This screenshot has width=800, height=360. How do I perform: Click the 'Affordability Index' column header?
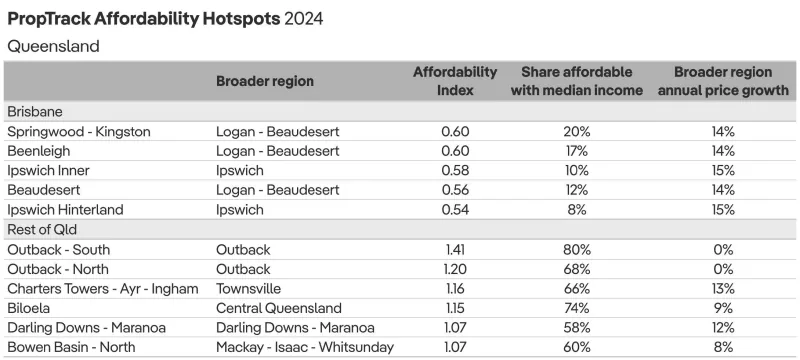click(x=455, y=81)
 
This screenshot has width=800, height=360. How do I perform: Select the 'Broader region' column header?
click(x=265, y=82)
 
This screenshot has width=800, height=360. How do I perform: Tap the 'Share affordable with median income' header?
click(x=577, y=81)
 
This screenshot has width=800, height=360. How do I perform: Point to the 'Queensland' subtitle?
click(x=53, y=46)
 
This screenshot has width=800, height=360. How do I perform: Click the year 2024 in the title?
click(x=304, y=19)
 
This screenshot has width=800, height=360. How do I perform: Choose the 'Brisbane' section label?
click(x=35, y=112)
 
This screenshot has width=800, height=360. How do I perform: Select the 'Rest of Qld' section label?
click(x=42, y=229)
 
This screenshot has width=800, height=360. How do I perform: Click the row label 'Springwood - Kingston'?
click(x=79, y=132)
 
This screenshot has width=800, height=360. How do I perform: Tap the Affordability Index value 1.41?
click(x=455, y=250)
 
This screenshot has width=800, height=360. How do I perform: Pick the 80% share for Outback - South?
click(x=577, y=250)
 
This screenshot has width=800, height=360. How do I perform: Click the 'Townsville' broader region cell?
click(x=248, y=289)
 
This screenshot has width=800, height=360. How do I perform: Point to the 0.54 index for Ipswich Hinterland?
click(x=455, y=210)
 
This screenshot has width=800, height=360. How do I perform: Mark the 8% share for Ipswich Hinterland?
click(x=577, y=210)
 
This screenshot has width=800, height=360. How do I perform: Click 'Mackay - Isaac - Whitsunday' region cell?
click(x=305, y=348)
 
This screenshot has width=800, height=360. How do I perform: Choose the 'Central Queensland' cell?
click(x=279, y=308)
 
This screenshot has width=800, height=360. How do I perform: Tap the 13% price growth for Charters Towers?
click(x=723, y=289)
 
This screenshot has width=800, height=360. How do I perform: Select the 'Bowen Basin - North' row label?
click(x=71, y=348)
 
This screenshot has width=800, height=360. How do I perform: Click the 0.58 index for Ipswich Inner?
click(x=455, y=171)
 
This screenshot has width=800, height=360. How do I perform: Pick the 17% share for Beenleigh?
click(x=577, y=151)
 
